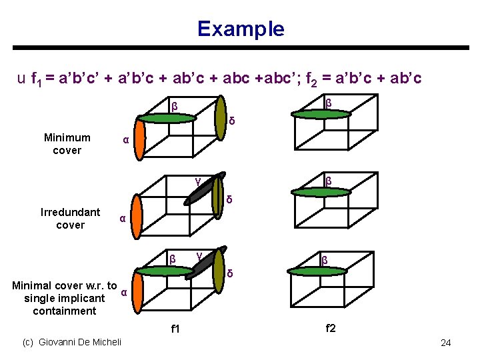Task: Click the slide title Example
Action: coord(240,29)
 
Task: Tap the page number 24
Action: coord(446,343)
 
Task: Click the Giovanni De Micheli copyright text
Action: coord(72,342)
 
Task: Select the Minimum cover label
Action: coord(67,144)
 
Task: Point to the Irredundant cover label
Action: coord(70,219)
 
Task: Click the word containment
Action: coord(64,311)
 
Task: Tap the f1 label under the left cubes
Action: coord(176,329)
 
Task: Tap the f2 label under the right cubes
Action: coord(331,327)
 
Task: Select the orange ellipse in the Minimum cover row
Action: coord(137,139)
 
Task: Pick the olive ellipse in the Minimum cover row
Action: coord(221,118)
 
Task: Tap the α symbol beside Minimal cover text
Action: coord(123,292)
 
